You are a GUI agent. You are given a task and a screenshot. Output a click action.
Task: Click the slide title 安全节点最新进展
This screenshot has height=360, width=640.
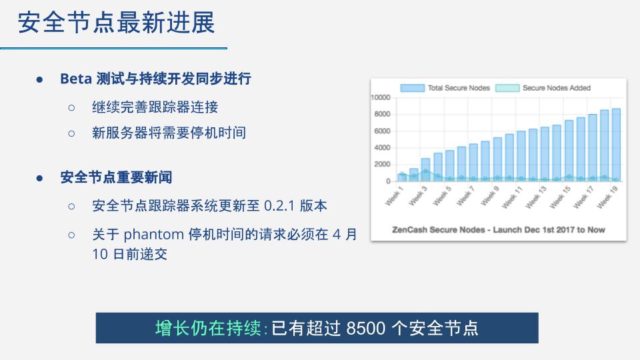(116, 23)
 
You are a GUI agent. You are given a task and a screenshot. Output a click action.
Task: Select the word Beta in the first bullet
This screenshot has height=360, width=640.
(76, 79)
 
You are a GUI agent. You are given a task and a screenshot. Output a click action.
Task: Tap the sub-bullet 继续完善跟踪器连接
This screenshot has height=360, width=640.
(155, 107)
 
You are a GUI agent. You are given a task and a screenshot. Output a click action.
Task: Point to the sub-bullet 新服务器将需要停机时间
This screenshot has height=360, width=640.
(169, 133)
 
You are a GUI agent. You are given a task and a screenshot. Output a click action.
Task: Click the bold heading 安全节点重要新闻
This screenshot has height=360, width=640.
(116, 177)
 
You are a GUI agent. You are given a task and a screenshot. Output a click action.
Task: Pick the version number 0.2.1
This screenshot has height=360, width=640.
(279, 206)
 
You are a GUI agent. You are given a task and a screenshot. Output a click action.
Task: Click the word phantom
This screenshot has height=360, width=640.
(154, 235)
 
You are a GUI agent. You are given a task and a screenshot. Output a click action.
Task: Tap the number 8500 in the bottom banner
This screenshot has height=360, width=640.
(366, 328)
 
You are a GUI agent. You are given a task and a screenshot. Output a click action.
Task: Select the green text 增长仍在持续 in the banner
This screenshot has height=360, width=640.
(208, 328)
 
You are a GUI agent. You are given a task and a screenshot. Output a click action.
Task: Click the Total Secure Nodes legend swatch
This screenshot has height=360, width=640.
(412, 88)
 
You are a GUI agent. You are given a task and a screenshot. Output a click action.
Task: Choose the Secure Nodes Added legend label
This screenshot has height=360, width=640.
(557, 88)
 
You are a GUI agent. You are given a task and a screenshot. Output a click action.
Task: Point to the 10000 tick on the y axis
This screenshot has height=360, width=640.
(381, 97)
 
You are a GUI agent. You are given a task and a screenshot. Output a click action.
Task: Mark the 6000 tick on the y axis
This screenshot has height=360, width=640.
(383, 131)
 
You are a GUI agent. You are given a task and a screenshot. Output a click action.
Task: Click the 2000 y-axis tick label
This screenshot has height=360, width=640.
(383, 164)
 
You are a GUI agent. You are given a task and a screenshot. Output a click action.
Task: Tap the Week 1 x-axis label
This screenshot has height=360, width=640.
(394, 195)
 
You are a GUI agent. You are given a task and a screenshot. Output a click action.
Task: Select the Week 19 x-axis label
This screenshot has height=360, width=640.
(608, 197)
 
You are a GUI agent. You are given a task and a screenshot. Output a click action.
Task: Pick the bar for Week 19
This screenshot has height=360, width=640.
(616, 145)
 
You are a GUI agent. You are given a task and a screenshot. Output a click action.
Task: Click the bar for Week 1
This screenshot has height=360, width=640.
(402, 177)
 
